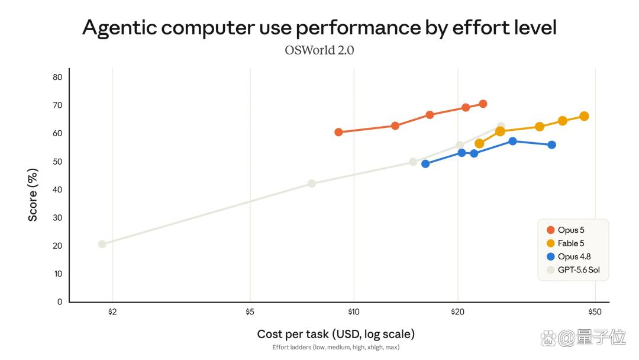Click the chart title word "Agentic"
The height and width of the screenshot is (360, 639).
[120, 28]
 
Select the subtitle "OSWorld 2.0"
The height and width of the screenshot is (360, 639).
[319, 50]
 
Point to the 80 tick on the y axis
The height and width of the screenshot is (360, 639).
[57, 77]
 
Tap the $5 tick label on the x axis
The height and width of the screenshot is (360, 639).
[250, 312]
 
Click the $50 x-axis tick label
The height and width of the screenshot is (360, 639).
[595, 312]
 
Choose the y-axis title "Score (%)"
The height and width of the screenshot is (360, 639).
[33, 195]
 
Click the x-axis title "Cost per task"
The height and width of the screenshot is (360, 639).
[293, 335]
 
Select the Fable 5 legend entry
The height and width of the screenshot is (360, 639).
[565, 243]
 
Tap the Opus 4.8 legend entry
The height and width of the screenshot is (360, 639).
[569, 256]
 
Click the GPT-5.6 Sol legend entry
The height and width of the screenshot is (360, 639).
[573, 270]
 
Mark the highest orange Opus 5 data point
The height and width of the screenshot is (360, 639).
[483, 104]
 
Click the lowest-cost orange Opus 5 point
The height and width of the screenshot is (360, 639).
[338, 132]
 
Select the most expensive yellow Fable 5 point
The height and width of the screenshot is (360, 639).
[584, 116]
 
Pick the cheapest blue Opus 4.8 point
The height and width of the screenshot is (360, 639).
[425, 164]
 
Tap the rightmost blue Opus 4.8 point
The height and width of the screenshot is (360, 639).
[552, 144]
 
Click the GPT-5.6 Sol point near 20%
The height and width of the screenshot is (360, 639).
[102, 244]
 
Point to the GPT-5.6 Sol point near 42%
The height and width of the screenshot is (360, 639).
[312, 184]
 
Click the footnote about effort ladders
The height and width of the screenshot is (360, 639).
[336, 348]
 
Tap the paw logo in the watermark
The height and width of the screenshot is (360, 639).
[548, 337]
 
